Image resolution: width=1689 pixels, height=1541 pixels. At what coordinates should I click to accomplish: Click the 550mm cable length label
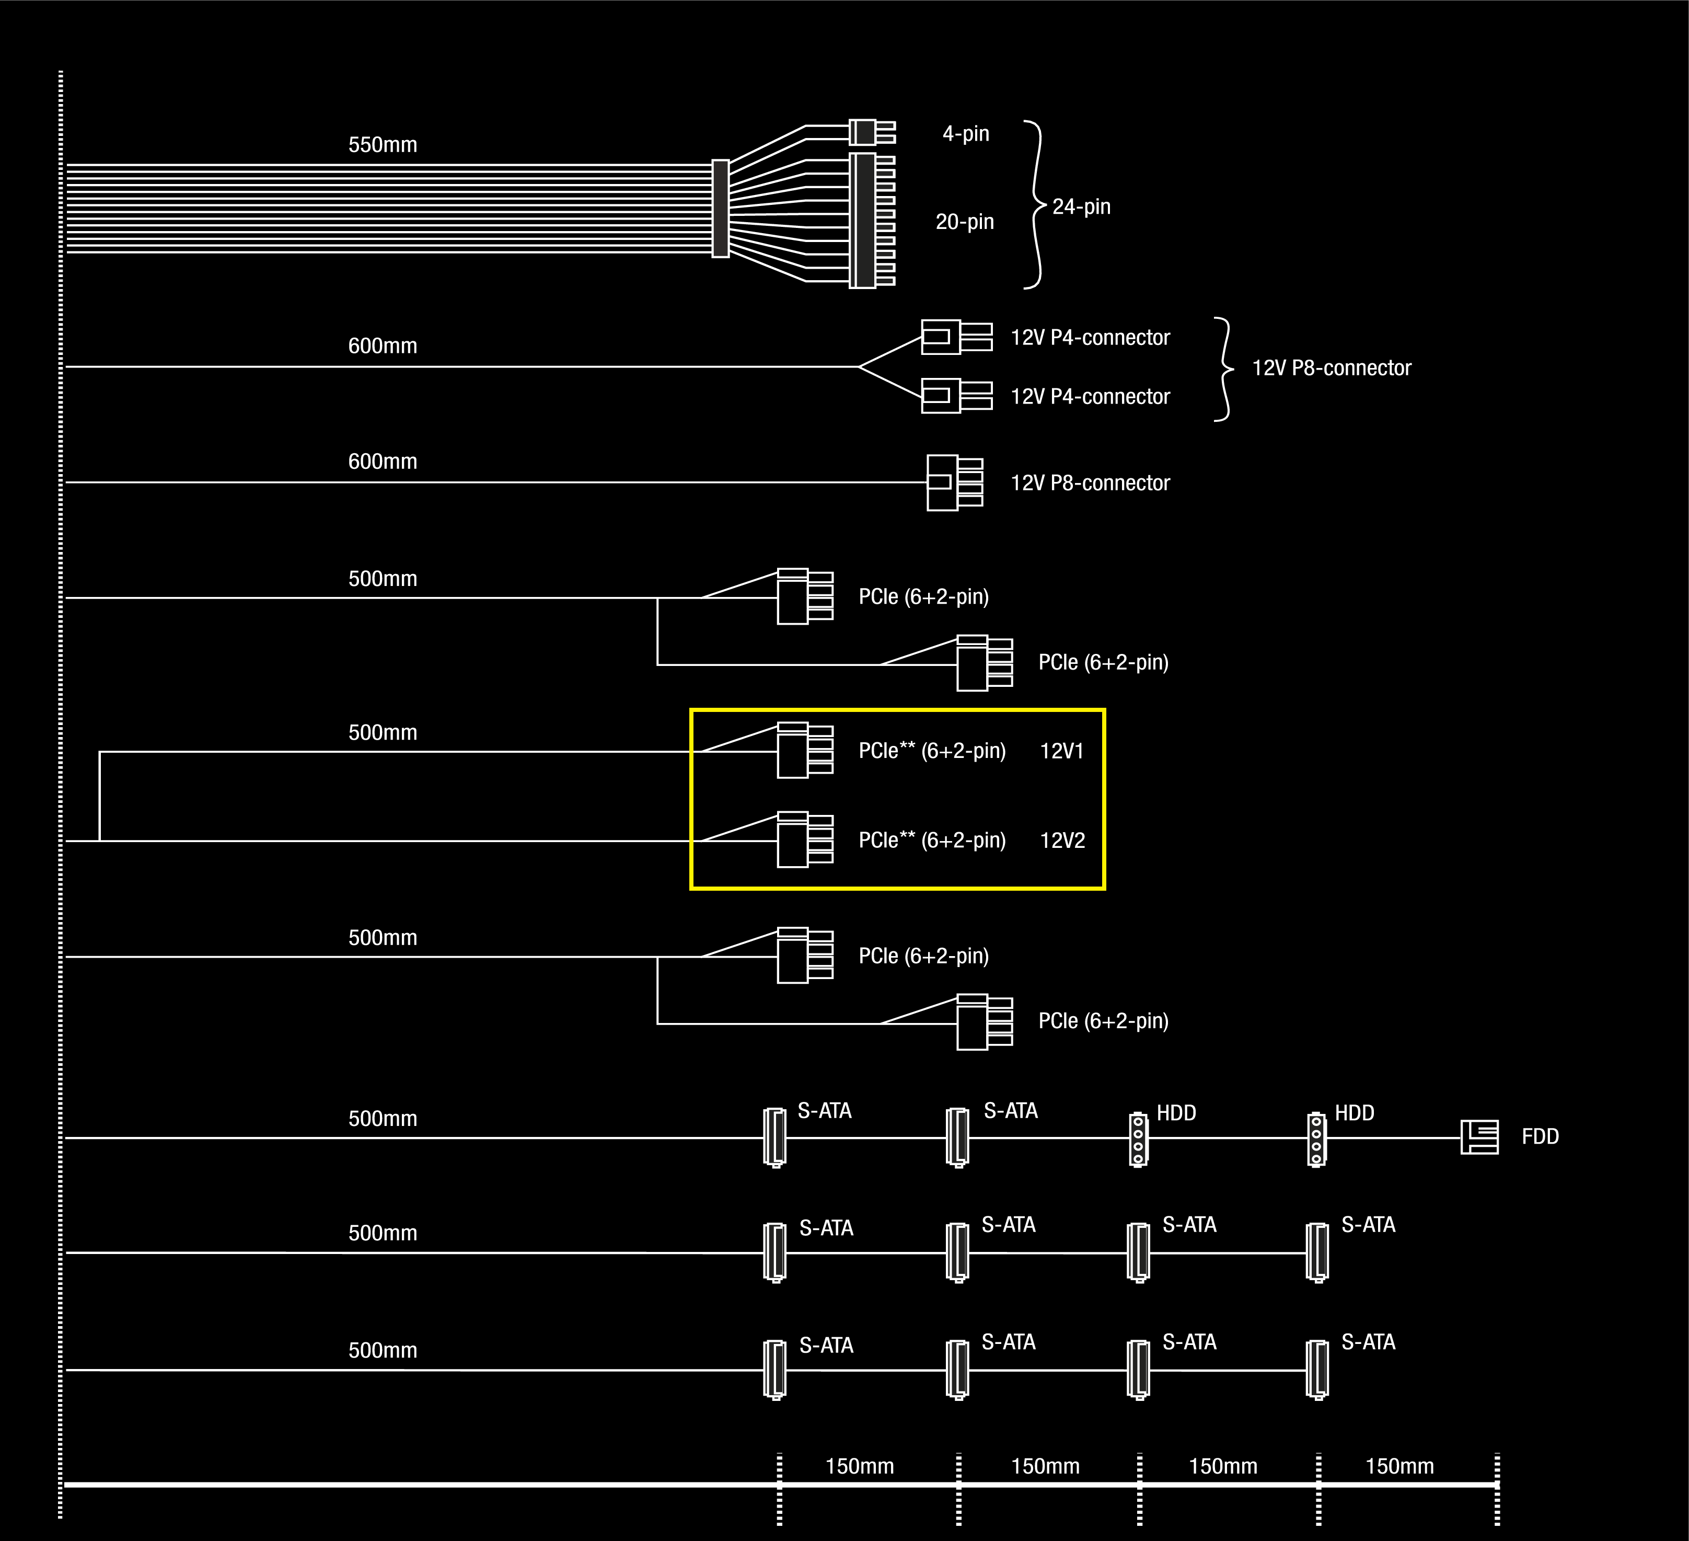tap(383, 145)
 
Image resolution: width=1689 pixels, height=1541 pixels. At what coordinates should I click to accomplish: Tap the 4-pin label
tap(966, 134)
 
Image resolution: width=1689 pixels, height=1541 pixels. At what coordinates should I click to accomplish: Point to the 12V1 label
tap(1061, 751)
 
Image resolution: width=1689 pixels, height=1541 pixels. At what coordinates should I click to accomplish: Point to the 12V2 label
tap(1062, 841)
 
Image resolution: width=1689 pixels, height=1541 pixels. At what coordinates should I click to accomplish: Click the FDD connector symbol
tap(1479, 1137)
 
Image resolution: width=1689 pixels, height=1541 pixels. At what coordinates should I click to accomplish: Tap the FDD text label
tap(1540, 1137)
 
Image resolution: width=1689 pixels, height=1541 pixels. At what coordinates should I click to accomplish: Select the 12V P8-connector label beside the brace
tap(1331, 368)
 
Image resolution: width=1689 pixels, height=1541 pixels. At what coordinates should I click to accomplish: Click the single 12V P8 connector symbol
tap(954, 482)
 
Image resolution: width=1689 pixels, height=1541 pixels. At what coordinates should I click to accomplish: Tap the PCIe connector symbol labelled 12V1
tap(804, 750)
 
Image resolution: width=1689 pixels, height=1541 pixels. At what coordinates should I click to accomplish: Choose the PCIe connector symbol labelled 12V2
tap(804, 839)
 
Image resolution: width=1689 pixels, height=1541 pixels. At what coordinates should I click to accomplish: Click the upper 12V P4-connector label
tap(1090, 338)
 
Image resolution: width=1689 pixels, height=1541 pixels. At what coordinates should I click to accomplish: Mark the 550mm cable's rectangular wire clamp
tap(721, 209)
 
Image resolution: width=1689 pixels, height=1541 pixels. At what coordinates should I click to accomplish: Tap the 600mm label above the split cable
tap(383, 346)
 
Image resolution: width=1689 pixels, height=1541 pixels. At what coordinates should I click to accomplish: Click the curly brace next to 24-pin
tap(1036, 205)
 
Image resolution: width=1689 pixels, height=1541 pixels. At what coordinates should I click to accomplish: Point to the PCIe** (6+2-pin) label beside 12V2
tap(932, 841)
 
